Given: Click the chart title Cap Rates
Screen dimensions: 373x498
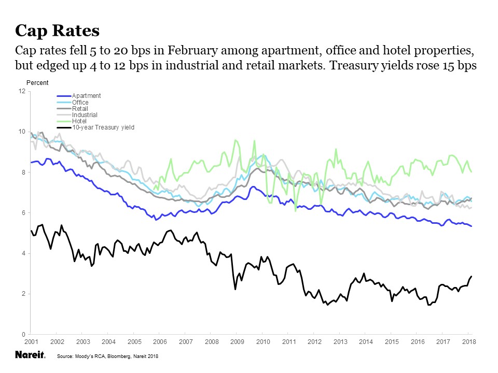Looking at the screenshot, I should pos(57,31).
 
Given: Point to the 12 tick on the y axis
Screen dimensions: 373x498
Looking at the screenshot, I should pos(22,91).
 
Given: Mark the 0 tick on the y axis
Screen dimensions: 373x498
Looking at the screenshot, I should pos(23,334).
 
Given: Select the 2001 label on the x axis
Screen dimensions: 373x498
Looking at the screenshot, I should pos(31,342).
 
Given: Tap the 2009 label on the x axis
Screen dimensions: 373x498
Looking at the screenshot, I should pos(237,342).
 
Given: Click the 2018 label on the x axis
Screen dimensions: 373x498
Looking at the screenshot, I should pos(469,342).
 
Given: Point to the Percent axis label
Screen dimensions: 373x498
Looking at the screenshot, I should pos(37,82).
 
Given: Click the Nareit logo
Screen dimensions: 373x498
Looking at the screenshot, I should pos(30,355).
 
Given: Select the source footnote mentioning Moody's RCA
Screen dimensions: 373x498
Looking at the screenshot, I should pos(107,356).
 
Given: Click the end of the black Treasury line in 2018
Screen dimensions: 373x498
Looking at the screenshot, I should pos(471,276).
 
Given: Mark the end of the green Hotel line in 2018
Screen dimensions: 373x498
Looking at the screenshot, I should pos(471,171).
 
